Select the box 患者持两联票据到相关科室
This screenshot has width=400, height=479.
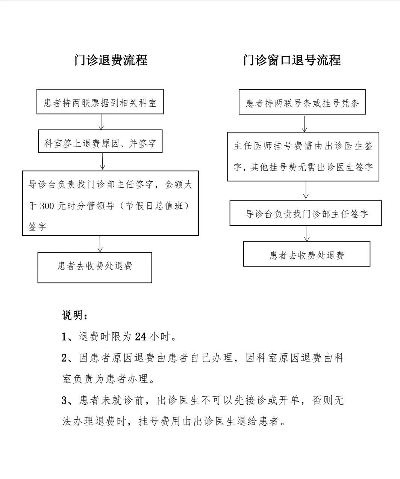[x=100, y=102]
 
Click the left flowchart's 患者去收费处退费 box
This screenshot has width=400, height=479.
[x=95, y=267]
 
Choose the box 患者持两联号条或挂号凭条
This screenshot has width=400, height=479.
[x=302, y=102]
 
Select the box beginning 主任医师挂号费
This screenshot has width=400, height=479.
[x=303, y=157]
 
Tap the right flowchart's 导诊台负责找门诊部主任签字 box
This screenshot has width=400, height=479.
[x=306, y=213]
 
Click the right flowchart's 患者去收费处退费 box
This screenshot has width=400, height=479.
[x=307, y=254]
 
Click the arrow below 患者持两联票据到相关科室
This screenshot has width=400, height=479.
[x=101, y=122]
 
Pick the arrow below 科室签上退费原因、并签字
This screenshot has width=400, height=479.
[x=102, y=161]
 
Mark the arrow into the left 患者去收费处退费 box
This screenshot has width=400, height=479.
[x=100, y=244]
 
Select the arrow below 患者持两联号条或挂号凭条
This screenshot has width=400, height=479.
[x=305, y=124]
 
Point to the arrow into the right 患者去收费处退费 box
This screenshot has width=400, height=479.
[x=307, y=233]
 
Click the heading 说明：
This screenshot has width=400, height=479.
[x=75, y=315]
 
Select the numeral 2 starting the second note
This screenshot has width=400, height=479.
[x=64, y=358]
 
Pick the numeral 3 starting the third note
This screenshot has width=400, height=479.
[x=64, y=401]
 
